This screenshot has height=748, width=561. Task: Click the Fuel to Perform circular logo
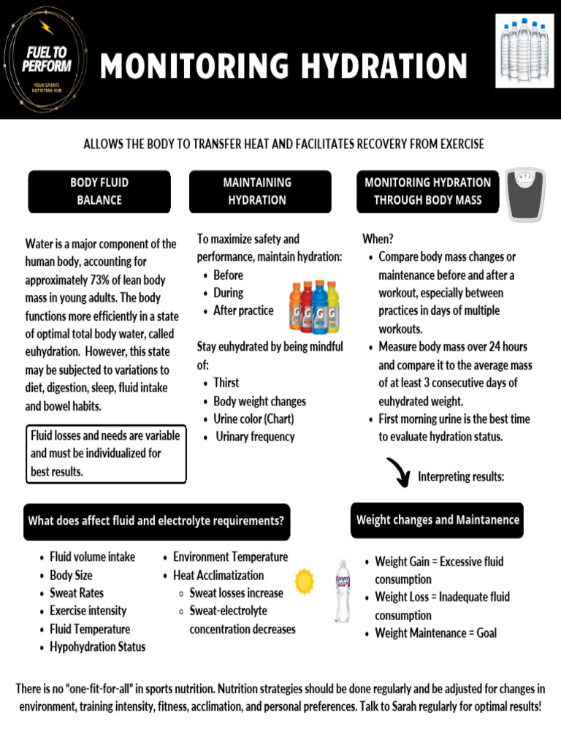click(46, 60)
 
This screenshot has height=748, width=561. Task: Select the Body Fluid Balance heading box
click(99, 191)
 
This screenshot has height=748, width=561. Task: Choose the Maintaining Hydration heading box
click(257, 191)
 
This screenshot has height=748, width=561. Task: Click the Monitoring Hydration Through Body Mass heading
click(427, 191)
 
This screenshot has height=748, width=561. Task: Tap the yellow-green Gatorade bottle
click(332, 308)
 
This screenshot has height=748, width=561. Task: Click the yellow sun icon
click(304, 581)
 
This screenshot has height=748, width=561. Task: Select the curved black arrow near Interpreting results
click(399, 472)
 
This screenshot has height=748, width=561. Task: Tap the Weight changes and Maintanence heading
click(437, 520)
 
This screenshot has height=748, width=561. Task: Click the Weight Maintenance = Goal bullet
click(435, 633)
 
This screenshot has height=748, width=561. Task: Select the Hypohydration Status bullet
click(97, 646)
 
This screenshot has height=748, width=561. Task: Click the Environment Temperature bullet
click(230, 557)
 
